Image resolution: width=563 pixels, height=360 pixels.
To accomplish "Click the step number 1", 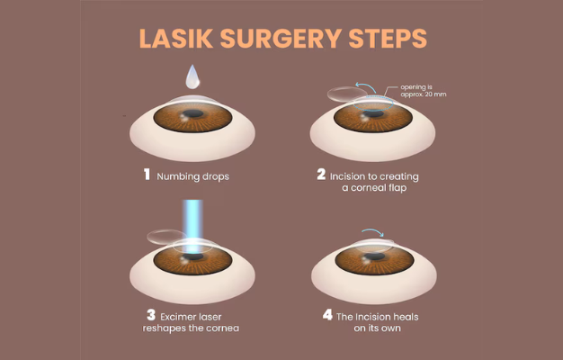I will point(147,175).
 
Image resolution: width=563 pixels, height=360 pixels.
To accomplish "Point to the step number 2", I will point(321,175).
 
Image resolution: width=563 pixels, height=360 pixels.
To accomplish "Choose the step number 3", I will point(150,316).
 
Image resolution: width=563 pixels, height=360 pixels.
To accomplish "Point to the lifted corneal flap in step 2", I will point(343,92).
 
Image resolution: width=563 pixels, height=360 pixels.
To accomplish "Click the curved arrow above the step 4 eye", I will point(371,231).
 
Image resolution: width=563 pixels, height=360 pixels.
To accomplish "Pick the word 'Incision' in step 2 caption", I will point(351,175).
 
